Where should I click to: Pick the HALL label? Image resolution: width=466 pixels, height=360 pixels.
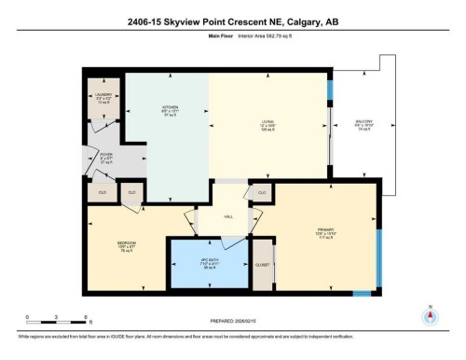(x=227, y=216)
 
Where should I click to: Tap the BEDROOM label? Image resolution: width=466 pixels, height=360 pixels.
(x=127, y=246)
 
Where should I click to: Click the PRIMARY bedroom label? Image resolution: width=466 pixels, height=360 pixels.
(x=325, y=233)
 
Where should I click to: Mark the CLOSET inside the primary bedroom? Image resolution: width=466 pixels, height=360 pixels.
(x=264, y=266)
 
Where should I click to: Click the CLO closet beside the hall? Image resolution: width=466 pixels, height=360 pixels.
(x=262, y=193)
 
